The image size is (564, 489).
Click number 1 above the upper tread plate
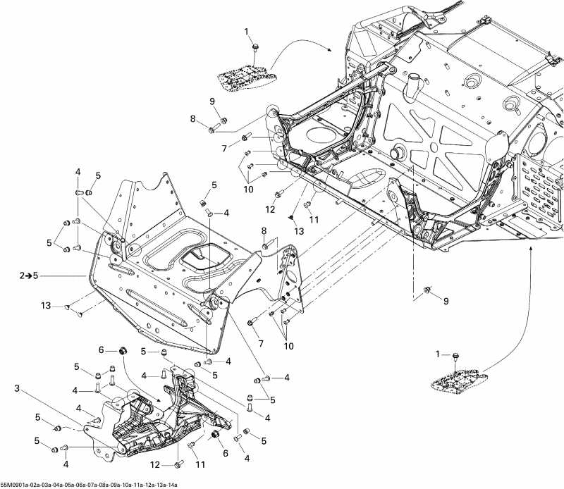click(x=247, y=32)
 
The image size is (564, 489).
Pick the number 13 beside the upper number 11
click(x=300, y=231)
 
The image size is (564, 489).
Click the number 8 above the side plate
click(x=264, y=230)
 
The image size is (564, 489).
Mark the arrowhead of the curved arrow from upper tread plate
click(x=331, y=51)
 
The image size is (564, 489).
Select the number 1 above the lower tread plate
click(x=437, y=353)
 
